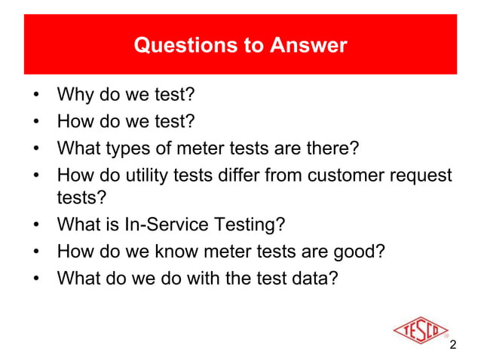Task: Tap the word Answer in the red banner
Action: click(310, 45)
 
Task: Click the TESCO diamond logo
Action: click(419, 331)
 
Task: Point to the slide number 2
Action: click(452, 345)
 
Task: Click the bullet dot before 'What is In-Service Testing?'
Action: click(35, 226)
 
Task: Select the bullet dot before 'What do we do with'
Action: click(35, 277)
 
